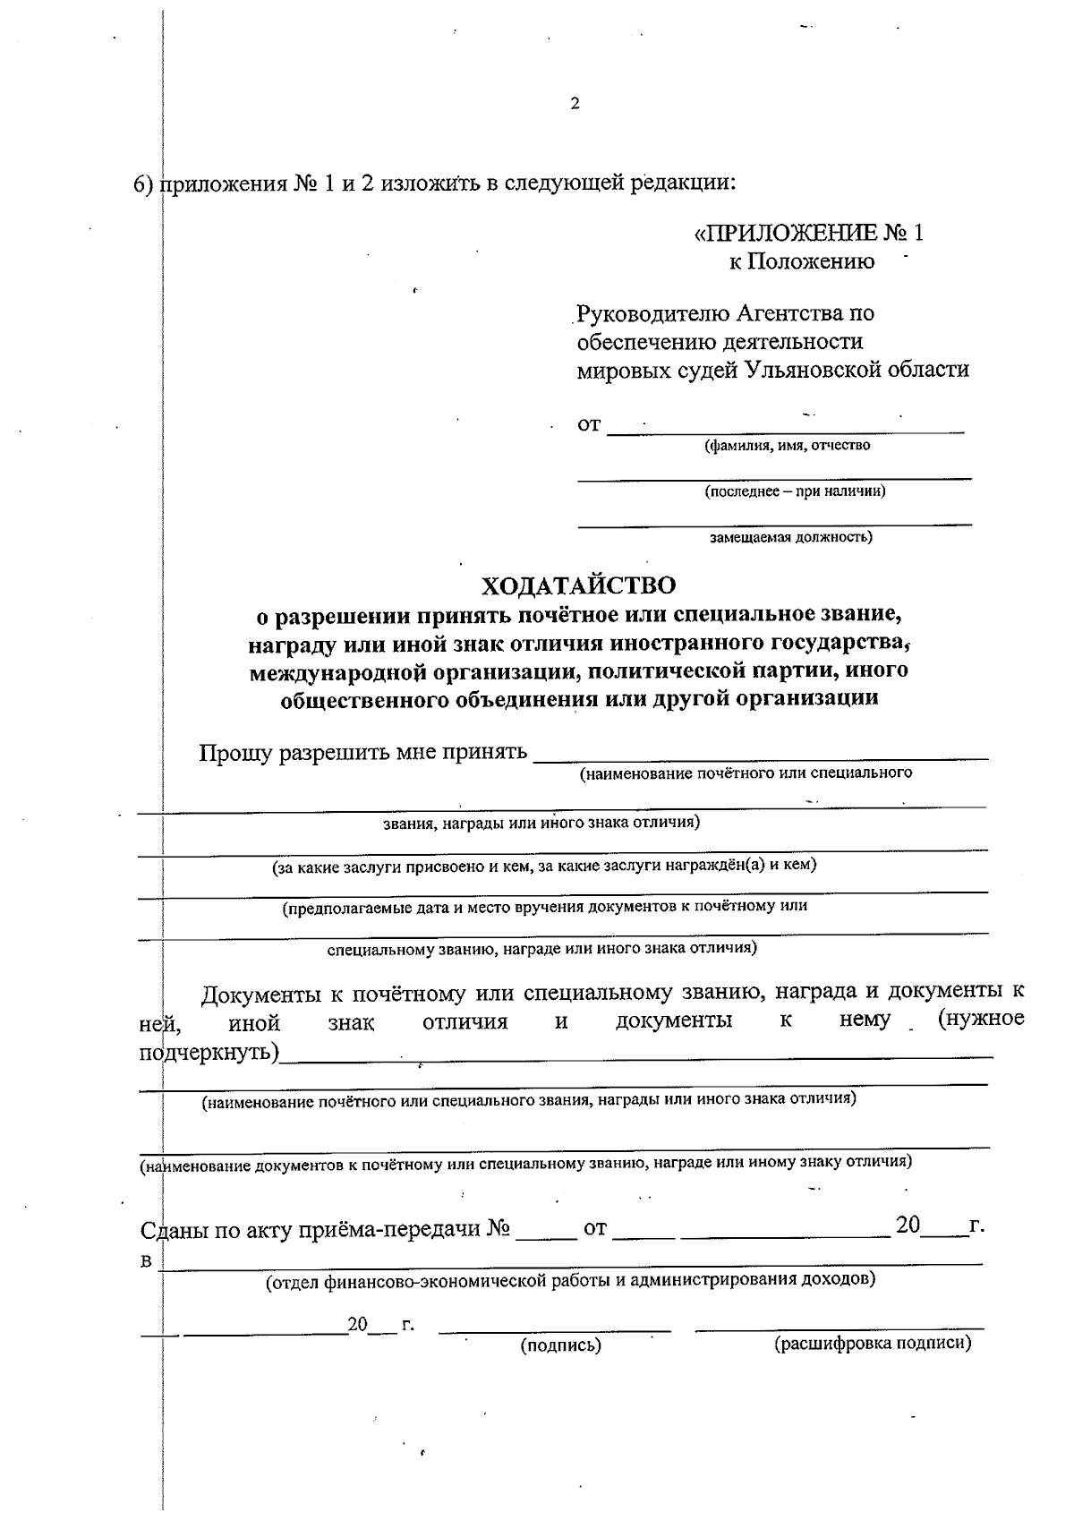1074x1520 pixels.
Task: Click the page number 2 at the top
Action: (575, 104)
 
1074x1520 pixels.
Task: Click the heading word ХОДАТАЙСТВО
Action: (578, 586)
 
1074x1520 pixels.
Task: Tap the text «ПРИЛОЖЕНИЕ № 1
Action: (808, 235)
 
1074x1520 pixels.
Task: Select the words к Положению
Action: (799, 262)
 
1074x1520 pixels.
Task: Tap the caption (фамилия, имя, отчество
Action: (787, 445)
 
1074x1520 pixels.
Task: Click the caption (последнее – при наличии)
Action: (795, 491)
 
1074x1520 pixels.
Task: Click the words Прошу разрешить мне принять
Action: (362, 752)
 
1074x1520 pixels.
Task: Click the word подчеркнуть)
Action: (209, 1052)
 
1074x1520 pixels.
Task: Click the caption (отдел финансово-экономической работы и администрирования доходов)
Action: (570, 1279)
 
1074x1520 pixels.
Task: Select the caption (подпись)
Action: (560, 1345)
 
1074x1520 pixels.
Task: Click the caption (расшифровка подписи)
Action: (872, 1343)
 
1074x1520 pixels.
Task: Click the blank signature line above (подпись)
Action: (555, 1328)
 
